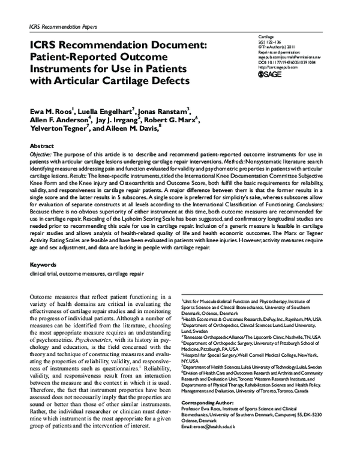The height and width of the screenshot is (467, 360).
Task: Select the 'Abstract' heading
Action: (x=43, y=146)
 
